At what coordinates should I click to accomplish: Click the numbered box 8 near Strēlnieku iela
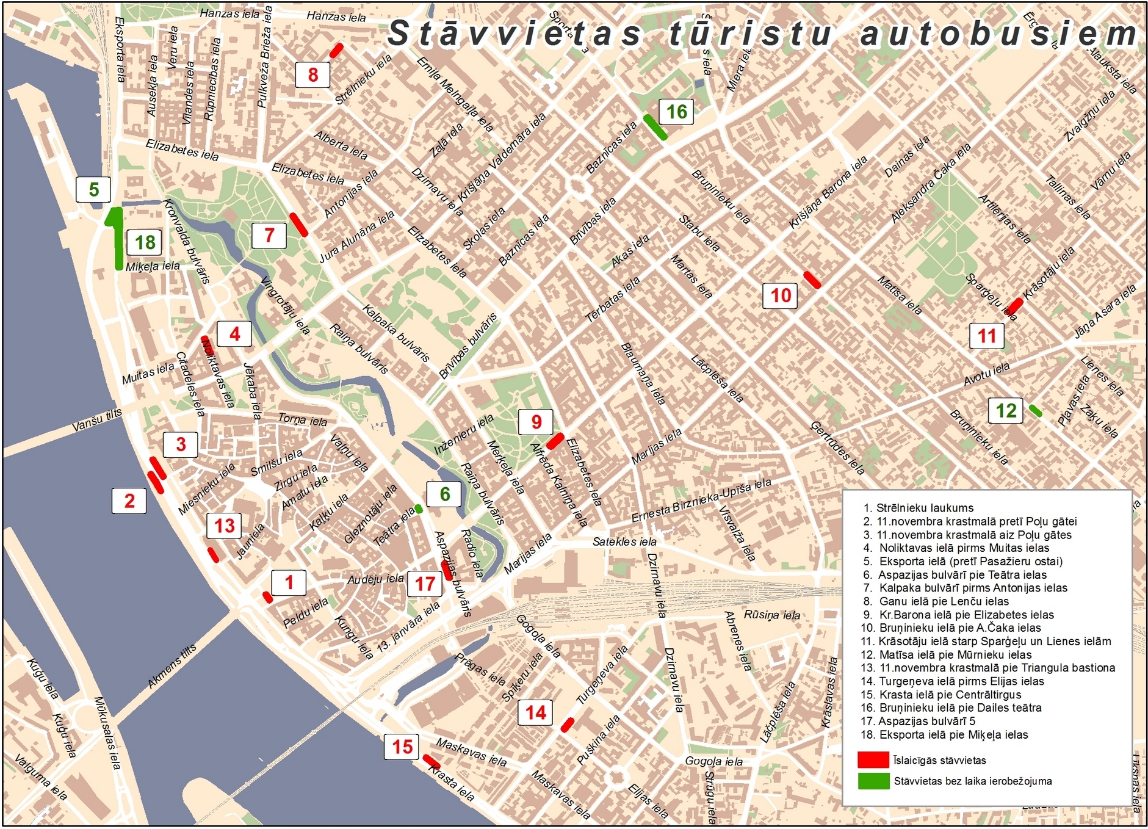tap(312, 74)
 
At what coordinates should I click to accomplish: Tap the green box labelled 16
tap(677, 112)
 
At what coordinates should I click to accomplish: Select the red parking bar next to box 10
tap(812, 280)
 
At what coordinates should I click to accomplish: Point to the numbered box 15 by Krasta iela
tap(402, 747)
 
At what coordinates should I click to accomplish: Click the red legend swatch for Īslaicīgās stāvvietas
tap(873, 760)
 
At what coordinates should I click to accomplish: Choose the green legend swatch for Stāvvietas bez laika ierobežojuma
tap(873, 781)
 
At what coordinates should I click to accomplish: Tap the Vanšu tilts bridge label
tap(97, 420)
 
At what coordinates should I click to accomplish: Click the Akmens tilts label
tap(172, 665)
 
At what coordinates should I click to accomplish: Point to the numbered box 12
tap(1006, 410)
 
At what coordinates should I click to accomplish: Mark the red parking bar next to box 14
tap(567, 725)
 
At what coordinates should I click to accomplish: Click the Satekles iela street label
tap(624, 541)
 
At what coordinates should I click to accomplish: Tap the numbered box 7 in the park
tap(269, 235)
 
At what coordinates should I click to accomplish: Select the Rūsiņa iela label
tap(771, 615)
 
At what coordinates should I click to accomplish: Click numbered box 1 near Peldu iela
tap(289, 582)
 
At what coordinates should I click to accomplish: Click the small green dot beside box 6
tap(419, 509)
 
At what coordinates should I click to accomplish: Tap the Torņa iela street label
tap(303, 419)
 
